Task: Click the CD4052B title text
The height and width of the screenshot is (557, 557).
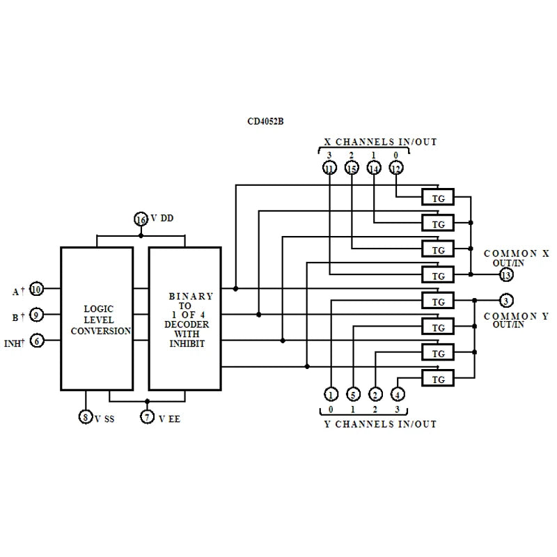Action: pos(265,120)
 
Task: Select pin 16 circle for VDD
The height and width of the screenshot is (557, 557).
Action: pos(141,219)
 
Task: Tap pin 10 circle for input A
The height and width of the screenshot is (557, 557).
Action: pos(37,289)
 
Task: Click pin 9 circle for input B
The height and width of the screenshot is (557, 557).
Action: pos(37,315)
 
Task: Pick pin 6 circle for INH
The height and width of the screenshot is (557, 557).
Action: pos(37,340)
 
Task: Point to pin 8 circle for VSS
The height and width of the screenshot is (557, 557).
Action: pos(85,417)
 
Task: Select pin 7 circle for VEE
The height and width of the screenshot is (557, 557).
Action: pos(147,417)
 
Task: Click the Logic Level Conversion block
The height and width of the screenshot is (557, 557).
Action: pos(97,319)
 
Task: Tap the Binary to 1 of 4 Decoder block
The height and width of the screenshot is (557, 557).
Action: pos(185,319)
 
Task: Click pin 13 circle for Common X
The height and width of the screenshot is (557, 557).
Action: pos(506,276)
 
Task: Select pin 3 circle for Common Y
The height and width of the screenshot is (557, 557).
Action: pos(506,301)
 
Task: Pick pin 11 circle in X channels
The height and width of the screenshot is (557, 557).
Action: pos(329,168)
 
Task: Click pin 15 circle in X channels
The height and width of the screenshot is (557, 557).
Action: pos(352,168)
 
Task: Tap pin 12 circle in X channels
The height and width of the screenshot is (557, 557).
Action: pos(396,168)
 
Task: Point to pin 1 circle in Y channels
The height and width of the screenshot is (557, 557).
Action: pos(331,395)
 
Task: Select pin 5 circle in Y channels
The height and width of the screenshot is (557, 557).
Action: pos(353,395)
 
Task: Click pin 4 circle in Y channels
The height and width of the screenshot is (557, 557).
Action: pos(398,395)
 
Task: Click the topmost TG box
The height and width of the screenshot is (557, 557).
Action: pos(438,198)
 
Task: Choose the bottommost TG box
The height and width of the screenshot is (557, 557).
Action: pos(438,379)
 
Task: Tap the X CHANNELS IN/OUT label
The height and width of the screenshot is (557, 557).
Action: pos(381,142)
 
